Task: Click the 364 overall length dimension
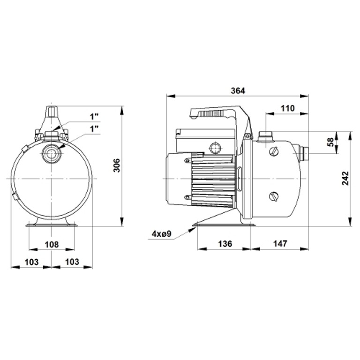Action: pos(238,90)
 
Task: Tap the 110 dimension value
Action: pos(287,108)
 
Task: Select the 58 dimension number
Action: pos(330,142)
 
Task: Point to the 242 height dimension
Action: pos(345,178)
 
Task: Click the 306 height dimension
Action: pos(117,165)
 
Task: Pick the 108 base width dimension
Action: pos(52,245)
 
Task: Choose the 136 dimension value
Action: pos(225,244)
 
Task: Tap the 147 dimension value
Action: pos(280,244)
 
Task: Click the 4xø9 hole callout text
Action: pos(161,234)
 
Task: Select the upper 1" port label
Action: pos(94,117)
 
